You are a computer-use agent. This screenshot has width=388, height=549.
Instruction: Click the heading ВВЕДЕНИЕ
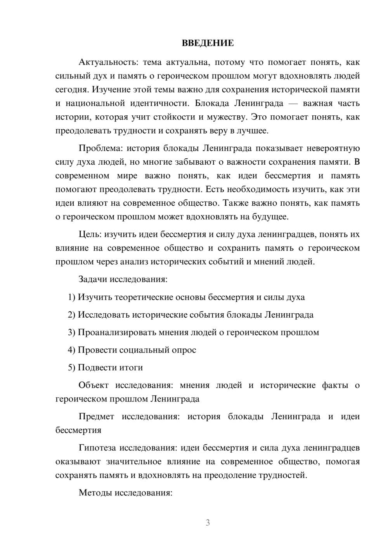208,43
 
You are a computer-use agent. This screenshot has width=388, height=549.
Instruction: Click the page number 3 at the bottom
208,523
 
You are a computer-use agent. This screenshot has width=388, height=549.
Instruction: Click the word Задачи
93,279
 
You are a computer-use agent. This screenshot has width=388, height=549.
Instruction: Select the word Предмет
96,417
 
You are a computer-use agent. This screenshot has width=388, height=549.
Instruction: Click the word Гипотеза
97,448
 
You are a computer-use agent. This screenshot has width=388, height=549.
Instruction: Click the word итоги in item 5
130,367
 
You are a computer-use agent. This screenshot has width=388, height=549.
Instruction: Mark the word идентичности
153,103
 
